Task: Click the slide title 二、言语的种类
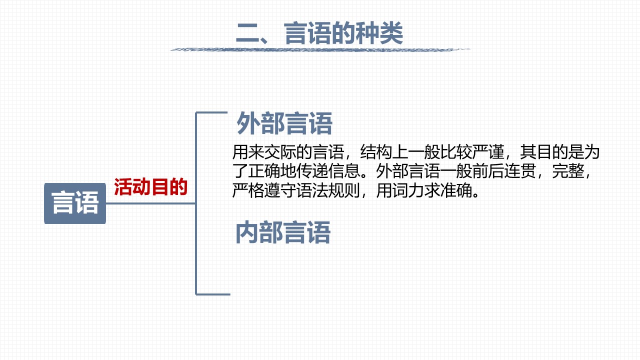click(x=319, y=33)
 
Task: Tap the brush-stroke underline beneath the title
click(x=320, y=49)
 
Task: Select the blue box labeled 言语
click(x=75, y=203)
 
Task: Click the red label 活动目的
click(x=151, y=187)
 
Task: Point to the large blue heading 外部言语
click(x=284, y=123)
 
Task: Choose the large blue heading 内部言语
click(x=283, y=232)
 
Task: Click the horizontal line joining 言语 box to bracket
click(x=151, y=203)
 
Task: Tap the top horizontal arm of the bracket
click(x=211, y=113)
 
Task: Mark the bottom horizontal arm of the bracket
click(x=213, y=294)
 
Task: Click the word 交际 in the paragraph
click(x=280, y=151)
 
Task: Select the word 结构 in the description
click(x=376, y=151)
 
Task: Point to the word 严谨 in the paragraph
click(x=488, y=151)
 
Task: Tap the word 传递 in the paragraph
click(x=312, y=171)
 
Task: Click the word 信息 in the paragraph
click(x=344, y=171)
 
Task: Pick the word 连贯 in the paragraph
click(x=520, y=171)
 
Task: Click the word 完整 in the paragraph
click(x=568, y=171)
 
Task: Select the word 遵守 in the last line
click(x=280, y=190)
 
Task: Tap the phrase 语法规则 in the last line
click(x=328, y=190)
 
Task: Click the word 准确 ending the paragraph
click(x=456, y=190)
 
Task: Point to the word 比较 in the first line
click(x=456, y=151)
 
